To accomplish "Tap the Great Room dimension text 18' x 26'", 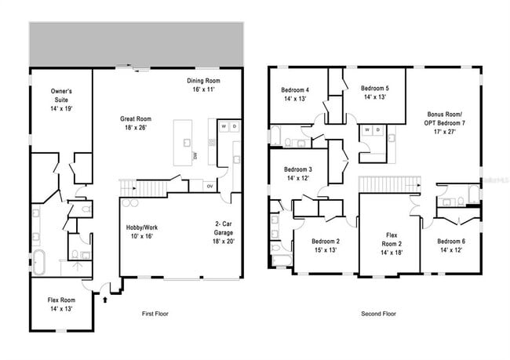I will [x=135, y=128].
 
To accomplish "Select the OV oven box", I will [x=209, y=186].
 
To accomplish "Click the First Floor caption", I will [x=155, y=314].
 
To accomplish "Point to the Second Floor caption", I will [x=378, y=314].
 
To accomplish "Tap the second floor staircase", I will [x=380, y=184].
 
